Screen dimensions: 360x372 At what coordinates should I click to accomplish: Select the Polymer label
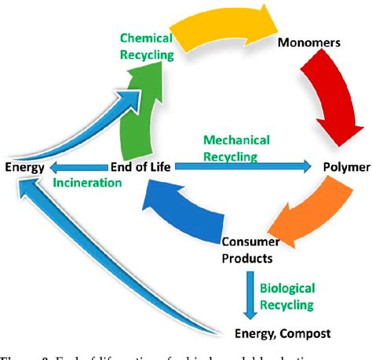(x=345, y=167)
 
